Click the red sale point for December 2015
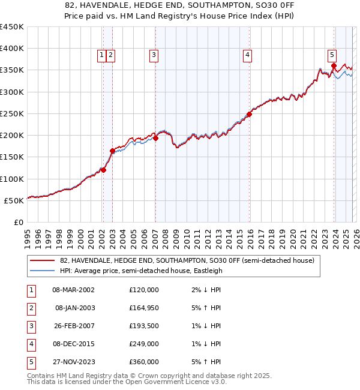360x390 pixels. point(249,114)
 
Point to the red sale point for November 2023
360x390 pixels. point(334,66)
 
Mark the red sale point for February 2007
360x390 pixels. point(155,138)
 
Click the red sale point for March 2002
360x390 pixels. point(103,170)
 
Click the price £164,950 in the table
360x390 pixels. point(143,307)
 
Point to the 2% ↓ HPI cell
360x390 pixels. point(205,289)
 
